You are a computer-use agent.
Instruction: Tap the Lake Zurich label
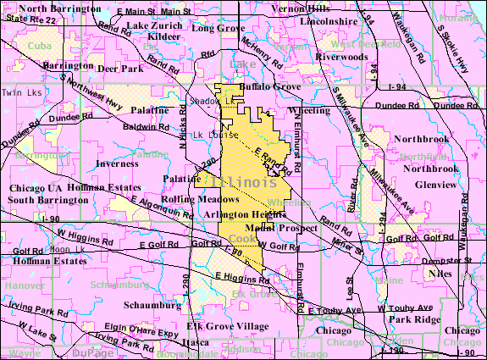click(153, 25)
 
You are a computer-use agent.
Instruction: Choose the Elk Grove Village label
click(221, 325)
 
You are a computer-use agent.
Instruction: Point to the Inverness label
click(116, 163)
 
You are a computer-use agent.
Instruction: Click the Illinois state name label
click(245, 183)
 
